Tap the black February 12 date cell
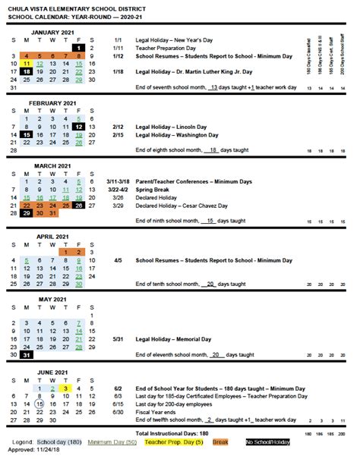click(79, 126)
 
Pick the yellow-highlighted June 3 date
click(65, 388)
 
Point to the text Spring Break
click(154, 190)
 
